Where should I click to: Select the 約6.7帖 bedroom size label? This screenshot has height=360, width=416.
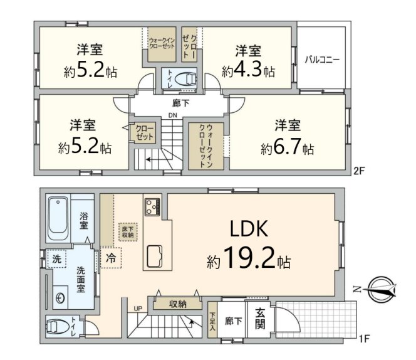tap(288, 149)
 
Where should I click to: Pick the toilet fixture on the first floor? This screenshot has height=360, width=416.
tap(58, 327)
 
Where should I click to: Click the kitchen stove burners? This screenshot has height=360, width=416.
tap(153, 206)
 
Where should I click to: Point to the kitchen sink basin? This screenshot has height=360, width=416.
tap(155, 256)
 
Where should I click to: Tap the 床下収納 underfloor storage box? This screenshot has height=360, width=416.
tap(127, 231)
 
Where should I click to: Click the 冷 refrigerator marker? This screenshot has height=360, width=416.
tap(111, 257)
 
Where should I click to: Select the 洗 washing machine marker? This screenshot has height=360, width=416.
tap(56, 258)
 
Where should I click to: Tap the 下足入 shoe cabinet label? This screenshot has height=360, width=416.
tap(213, 322)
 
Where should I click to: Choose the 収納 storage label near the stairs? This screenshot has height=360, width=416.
tap(177, 304)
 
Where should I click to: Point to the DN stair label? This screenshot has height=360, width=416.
tap(174, 115)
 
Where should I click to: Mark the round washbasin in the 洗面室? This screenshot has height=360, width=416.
tap(61, 299)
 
